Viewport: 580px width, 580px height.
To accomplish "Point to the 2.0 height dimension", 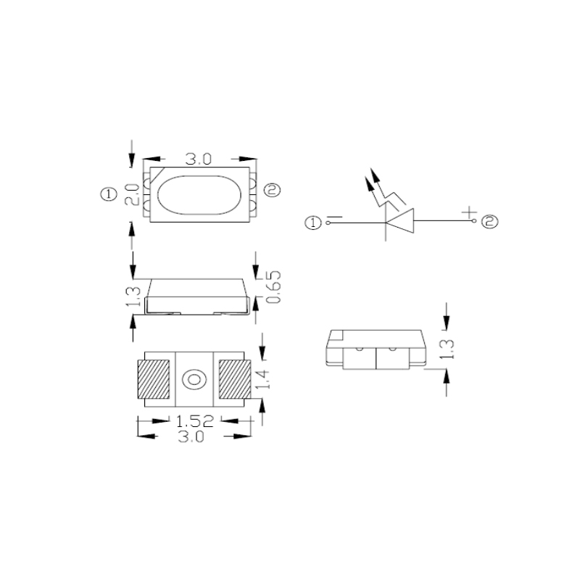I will coord(131,194).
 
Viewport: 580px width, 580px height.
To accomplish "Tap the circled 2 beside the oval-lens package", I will coord(271,191).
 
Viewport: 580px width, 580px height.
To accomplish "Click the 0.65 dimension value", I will coord(275,288).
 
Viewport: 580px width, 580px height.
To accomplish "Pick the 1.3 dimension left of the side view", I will coord(131,295).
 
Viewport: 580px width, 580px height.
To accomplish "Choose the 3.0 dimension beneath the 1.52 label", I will coord(192,436).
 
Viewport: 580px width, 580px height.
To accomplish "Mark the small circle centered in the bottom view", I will coord(194,379).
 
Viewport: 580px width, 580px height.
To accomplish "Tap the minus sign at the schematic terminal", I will coord(334,217).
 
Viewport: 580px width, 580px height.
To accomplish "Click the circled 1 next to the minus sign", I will coord(314,223).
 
